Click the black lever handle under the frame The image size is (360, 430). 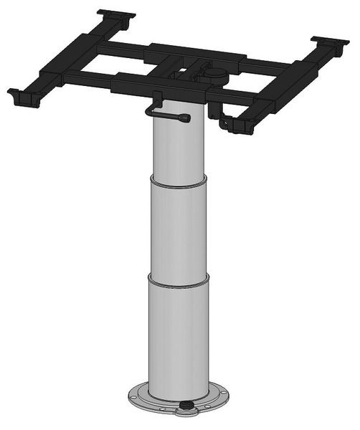169,113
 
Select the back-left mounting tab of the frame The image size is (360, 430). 116,15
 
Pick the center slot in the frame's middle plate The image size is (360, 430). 184,72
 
